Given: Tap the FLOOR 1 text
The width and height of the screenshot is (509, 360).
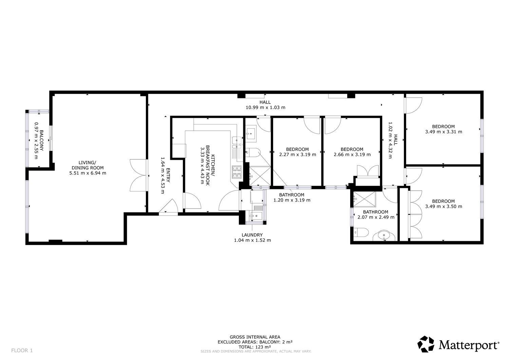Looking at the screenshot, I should pos(22,350).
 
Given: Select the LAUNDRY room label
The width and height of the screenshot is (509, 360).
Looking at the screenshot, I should pos(252,235).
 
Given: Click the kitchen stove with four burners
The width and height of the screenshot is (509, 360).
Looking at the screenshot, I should pos(237,172).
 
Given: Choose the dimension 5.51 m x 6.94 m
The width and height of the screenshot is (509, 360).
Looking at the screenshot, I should pos(88,173).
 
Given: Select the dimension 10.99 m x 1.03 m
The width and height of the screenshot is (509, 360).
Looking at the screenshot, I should pos(265,107).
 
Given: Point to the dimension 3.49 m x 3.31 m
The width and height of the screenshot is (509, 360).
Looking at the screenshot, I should pos(444,132).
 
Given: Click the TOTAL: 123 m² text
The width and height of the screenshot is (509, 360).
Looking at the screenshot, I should pos(254,347).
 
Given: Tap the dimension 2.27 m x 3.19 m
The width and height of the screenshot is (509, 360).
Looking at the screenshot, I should pos(297,154).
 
